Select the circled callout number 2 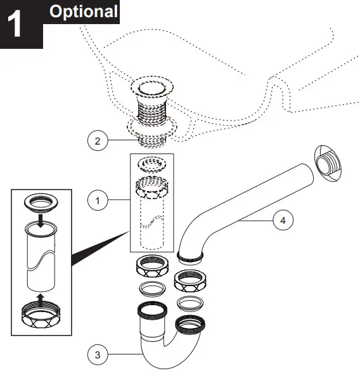97,141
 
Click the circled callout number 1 97,202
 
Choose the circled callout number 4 283,221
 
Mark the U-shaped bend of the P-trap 158,353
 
